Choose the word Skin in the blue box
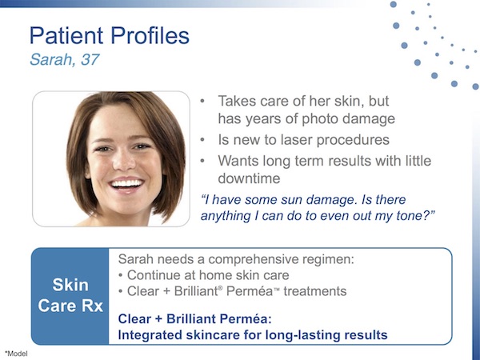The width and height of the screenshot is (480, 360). [x=70, y=285]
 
